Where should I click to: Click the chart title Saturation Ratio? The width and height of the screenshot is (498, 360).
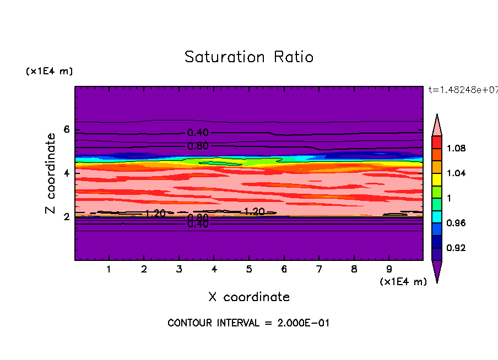(x=248, y=57)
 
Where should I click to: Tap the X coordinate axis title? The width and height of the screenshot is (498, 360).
(x=249, y=297)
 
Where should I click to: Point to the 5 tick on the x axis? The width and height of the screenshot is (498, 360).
(x=249, y=270)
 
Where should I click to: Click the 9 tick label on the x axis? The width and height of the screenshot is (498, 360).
(x=389, y=270)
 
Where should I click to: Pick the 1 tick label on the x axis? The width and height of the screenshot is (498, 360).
(x=109, y=270)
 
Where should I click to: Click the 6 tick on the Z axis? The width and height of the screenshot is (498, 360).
(x=67, y=130)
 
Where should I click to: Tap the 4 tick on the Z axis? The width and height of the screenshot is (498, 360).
(x=67, y=173)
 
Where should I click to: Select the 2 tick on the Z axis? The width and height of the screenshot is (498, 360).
(x=67, y=217)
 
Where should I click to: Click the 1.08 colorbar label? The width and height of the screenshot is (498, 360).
(x=456, y=149)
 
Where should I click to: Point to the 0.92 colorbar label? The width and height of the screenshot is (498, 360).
(x=456, y=248)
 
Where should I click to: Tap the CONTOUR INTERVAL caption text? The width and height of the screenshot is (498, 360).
(x=248, y=323)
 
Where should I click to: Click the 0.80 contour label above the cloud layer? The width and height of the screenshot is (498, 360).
(x=198, y=146)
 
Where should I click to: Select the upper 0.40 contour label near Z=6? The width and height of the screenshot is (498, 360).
(x=198, y=133)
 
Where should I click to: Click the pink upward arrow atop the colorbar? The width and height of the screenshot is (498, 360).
(x=436, y=124)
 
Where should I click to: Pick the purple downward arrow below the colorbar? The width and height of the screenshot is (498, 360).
(x=436, y=271)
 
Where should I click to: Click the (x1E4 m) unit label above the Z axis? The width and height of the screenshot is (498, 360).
(x=49, y=72)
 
